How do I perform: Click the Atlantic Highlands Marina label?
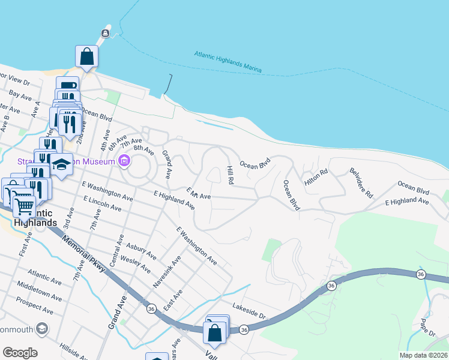click(x=228, y=62)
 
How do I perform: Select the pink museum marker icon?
click(x=124, y=160)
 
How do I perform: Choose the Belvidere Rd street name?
click(x=361, y=183)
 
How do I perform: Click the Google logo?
click(x=20, y=353)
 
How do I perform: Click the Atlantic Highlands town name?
click(x=34, y=218)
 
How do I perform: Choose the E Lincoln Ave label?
click(x=102, y=203)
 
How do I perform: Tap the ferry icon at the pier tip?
click(x=106, y=33)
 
